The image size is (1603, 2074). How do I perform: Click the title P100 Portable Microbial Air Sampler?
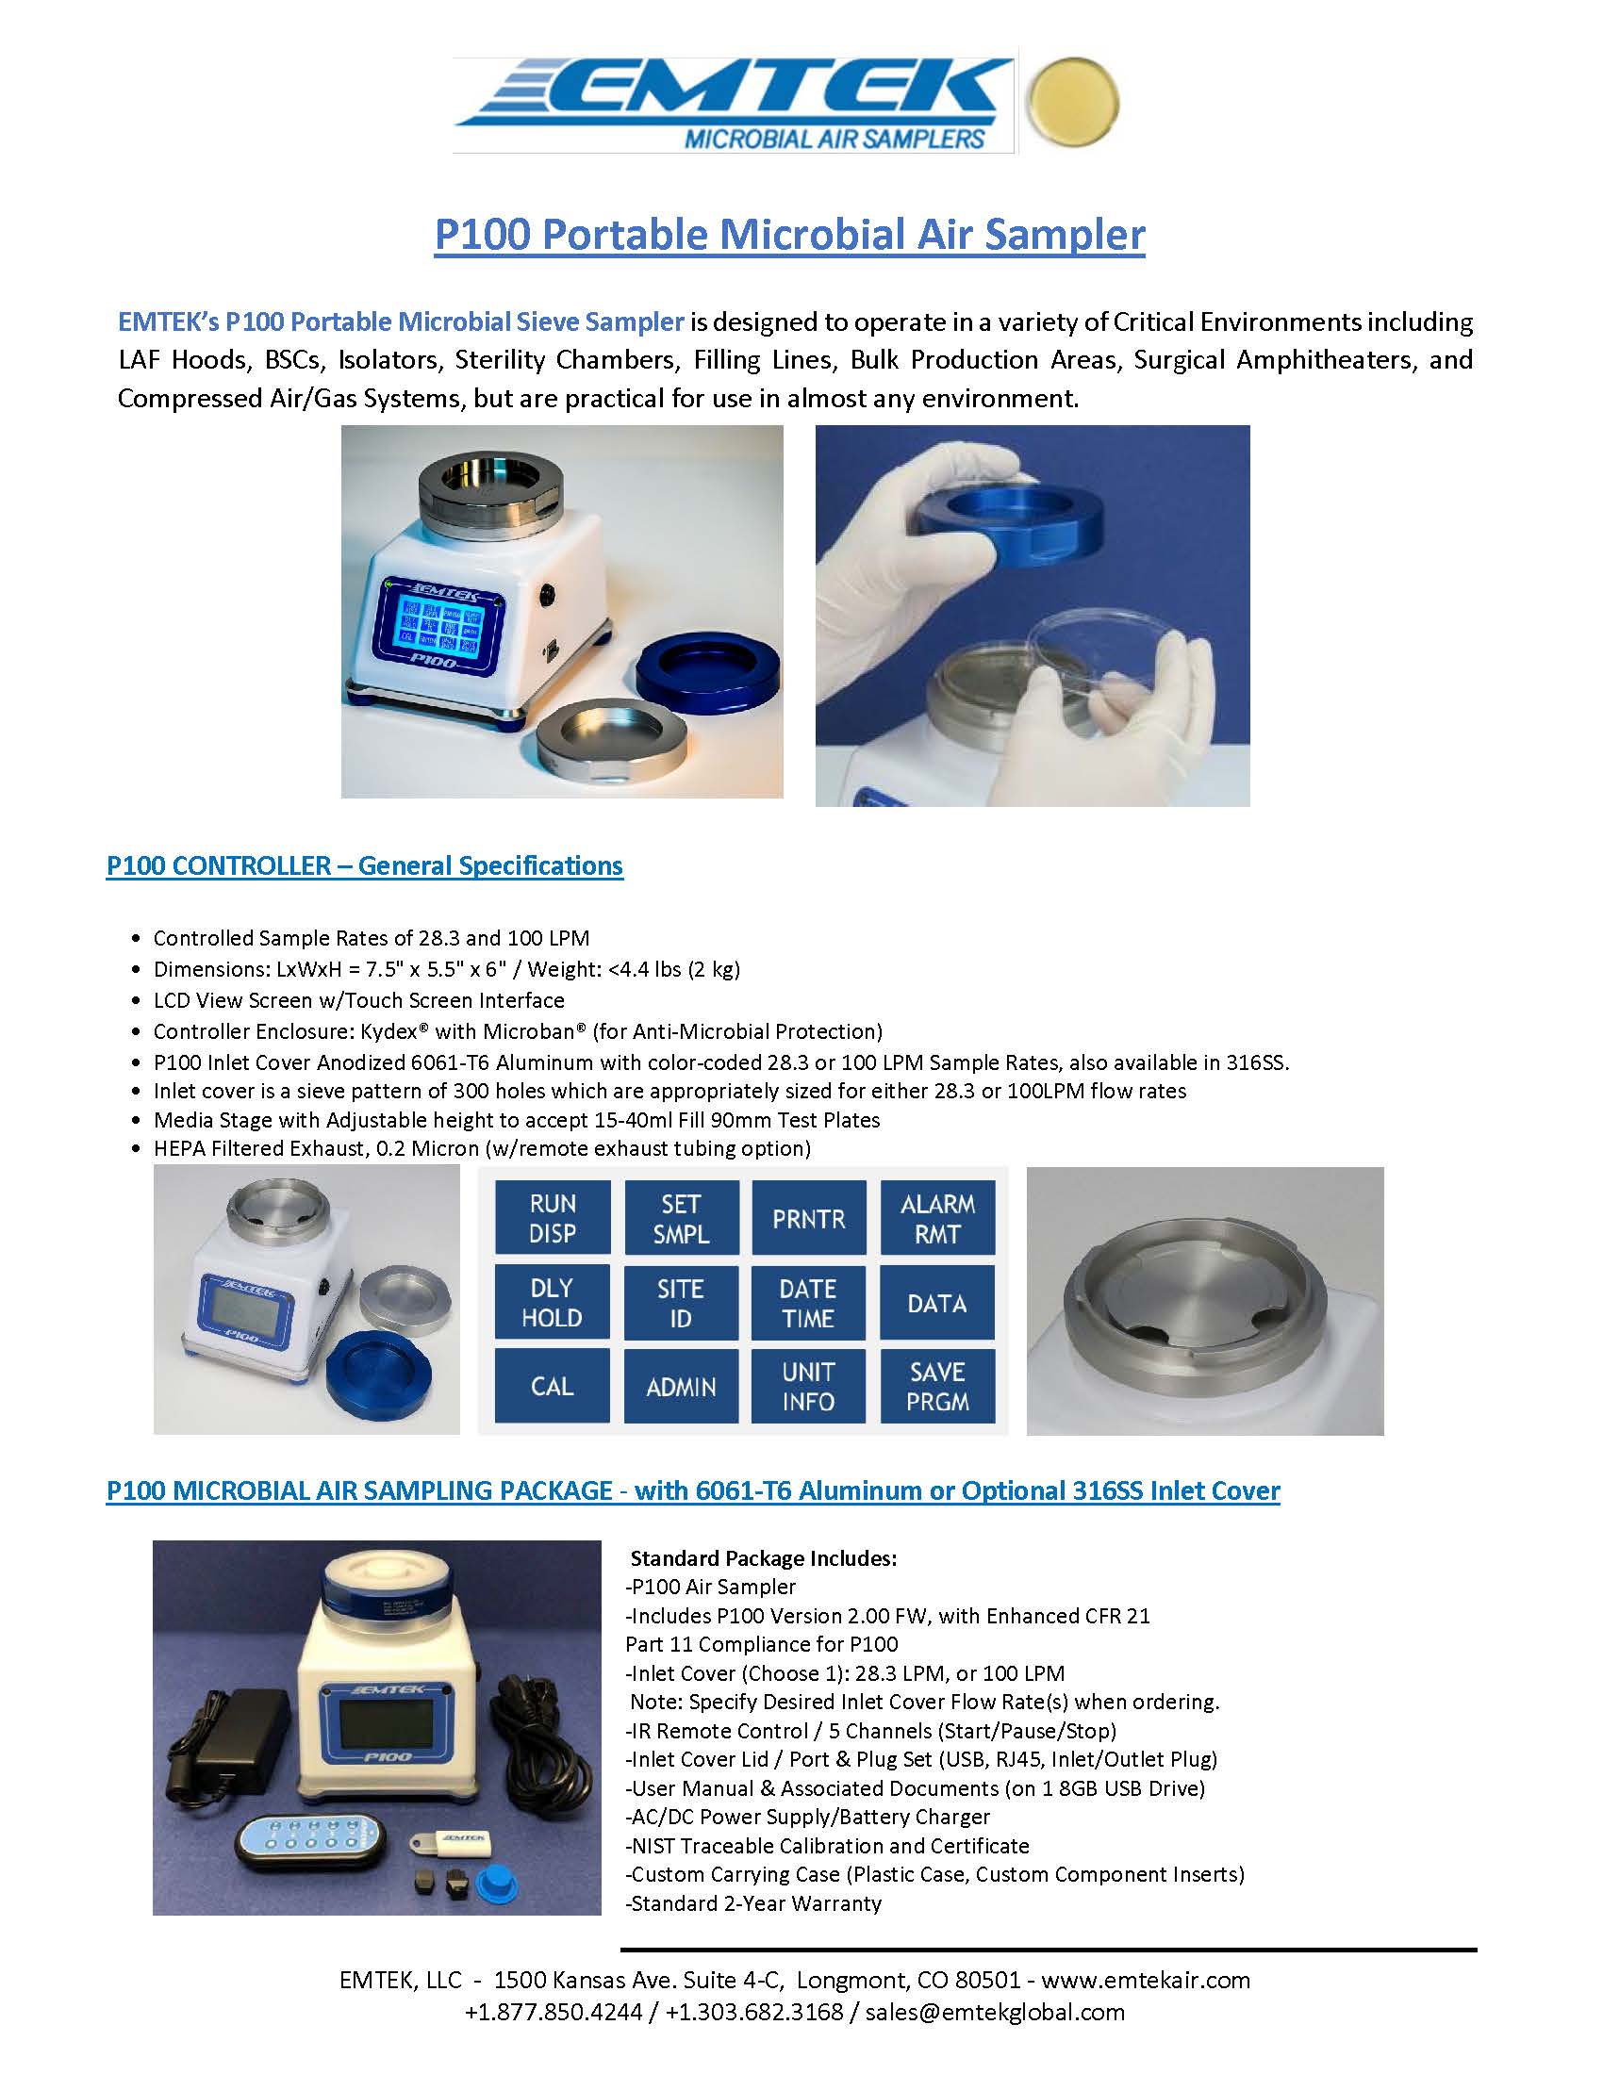tap(789, 235)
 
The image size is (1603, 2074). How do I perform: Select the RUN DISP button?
tap(552, 1217)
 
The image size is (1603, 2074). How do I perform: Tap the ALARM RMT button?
tap(937, 1217)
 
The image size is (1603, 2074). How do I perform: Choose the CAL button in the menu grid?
tap(552, 1386)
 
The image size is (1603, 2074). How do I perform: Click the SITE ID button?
tap(680, 1302)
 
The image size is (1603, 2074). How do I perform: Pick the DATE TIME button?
tap(808, 1302)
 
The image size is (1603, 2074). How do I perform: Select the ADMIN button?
tap(680, 1386)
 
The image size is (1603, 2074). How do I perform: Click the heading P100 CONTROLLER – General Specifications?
tap(365, 866)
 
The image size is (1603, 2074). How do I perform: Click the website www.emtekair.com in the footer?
tap(1146, 1980)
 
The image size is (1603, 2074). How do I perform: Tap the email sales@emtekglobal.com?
tap(994, 2013)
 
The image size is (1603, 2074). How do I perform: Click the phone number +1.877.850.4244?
tap(553, 2013)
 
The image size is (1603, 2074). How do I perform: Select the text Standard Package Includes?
tap(764, 1558)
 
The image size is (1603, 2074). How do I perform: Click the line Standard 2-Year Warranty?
tap(756, 1903)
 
